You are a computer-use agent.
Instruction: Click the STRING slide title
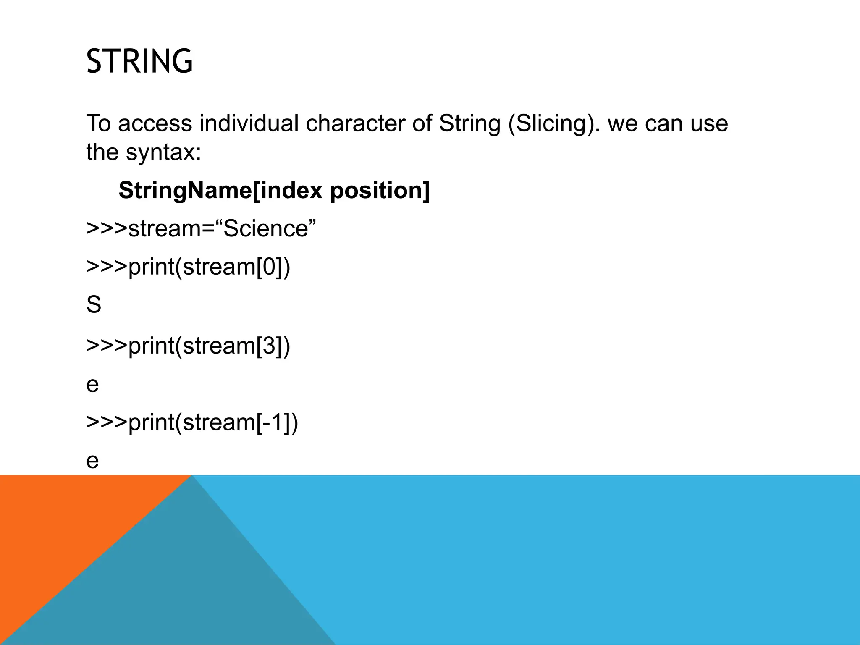point(139,61)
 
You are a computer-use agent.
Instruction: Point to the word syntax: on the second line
point(163,152)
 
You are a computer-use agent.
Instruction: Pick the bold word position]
point(380,191)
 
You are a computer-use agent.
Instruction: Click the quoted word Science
point(266,229)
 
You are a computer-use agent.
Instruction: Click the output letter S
point(94,305)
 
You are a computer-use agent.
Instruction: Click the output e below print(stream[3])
point(92,385)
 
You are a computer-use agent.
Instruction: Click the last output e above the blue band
point(92,461)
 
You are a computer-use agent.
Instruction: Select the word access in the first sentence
point(155,123)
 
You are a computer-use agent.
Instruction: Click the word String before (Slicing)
point(469,123)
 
